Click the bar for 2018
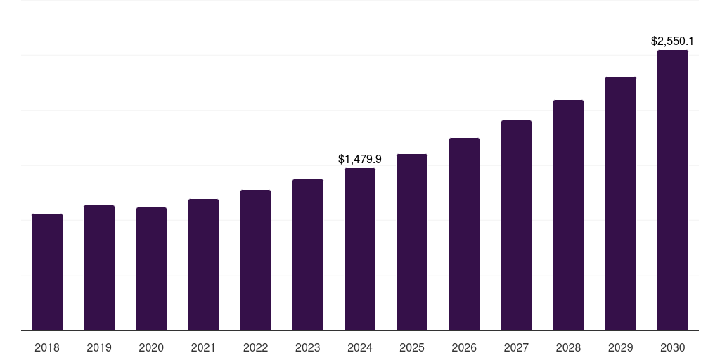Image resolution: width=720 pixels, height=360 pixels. (47, 272)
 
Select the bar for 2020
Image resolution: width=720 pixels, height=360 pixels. (151, 269)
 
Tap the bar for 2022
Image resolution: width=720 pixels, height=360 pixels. (255, 260)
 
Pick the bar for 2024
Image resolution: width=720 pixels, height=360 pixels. (360, 250)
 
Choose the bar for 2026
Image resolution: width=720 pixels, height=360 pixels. (464, 234)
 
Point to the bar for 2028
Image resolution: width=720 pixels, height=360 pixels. (568, 215)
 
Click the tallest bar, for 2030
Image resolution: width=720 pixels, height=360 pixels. (673, 191)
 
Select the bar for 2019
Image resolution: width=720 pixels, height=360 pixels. (99, 268)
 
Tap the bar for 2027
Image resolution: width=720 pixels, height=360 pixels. (516, 226)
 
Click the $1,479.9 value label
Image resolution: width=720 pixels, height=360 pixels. (360, 160)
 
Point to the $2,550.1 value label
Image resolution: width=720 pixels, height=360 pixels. (673, 41)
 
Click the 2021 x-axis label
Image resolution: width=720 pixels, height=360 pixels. (203, 347)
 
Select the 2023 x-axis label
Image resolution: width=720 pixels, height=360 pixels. (308, 347)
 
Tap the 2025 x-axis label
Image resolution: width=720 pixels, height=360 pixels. (412, 347)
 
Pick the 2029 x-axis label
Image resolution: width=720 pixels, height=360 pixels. (621, 347)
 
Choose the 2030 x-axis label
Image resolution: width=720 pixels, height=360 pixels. (673, 347)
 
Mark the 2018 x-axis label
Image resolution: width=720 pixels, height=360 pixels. (47, 347)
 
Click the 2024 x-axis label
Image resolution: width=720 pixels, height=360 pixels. (360, 347)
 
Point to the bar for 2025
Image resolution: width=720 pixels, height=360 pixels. (412, 243)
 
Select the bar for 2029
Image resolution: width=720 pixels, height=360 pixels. (621, 204)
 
